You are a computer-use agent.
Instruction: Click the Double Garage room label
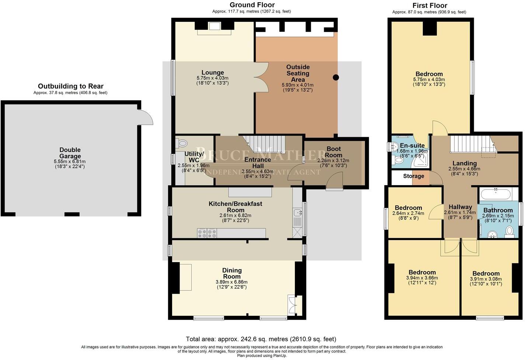70,153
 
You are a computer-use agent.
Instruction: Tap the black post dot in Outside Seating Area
335,77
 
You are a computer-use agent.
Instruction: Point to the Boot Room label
334,152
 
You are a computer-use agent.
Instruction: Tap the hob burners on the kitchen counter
207,233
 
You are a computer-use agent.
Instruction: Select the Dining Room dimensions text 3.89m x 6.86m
232,282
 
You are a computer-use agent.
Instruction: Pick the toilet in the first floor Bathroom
510,232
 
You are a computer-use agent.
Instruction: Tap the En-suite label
412,145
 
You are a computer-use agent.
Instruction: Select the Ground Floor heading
252,5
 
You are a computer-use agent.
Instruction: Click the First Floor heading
430,6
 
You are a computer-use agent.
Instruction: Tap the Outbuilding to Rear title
71,86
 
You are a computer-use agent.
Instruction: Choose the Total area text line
261,339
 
